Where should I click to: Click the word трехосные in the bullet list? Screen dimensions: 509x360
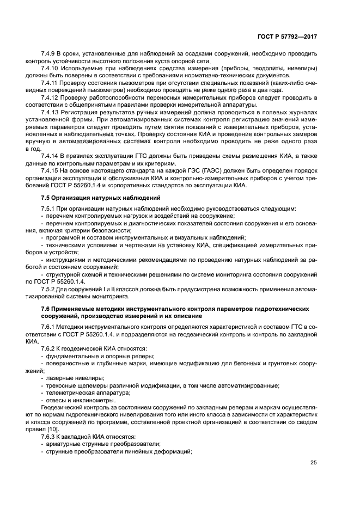(60, 385)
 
